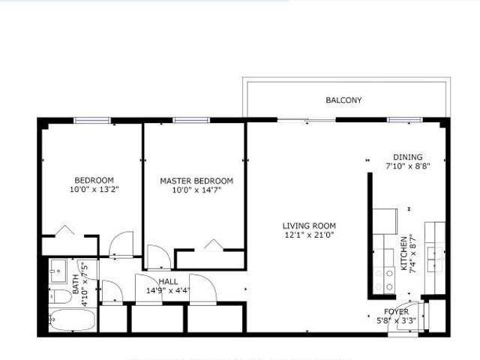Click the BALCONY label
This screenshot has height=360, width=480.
pyautogui.click(x=343, y=100)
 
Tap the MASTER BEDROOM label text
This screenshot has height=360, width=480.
pyautogui.click(x=196, y=181)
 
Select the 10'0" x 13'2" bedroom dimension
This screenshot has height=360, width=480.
pyautogui.click(x=94, y=189)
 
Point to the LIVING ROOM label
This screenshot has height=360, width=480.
pyautogui.click(x=309, y=226)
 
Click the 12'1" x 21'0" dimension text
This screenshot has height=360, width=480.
pyautogui.click(x=309, y=235)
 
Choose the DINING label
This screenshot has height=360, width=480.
pyautogui.click(x=408, y=157)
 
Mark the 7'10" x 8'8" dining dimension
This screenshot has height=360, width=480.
pyautogui.click(x=408, y=166)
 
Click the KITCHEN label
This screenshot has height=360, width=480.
pyautogui.click(x=404, y=253)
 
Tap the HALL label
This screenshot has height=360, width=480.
pyautogui.click(x=168, y=281)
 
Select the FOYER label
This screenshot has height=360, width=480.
pyautogui.click(x=396, y=312)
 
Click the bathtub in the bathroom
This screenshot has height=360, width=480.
pyautogui.click(x=72, y=320)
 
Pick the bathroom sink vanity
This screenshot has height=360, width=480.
pyautogui.click(x=58, y=271)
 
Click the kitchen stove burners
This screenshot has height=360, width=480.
pyautogui.click(x=384, y=280)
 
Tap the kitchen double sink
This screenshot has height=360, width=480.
pyautogui.click(x=435, y=259)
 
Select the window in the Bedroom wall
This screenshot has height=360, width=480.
pyautogui.click(x=92, y=120)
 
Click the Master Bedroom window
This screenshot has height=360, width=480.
pyautogui.click(x=191, y=120)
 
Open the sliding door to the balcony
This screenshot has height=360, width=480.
pyautogui.click(x=307, y=120)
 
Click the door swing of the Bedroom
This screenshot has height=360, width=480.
pyautogui.click(x=121, y=243)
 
